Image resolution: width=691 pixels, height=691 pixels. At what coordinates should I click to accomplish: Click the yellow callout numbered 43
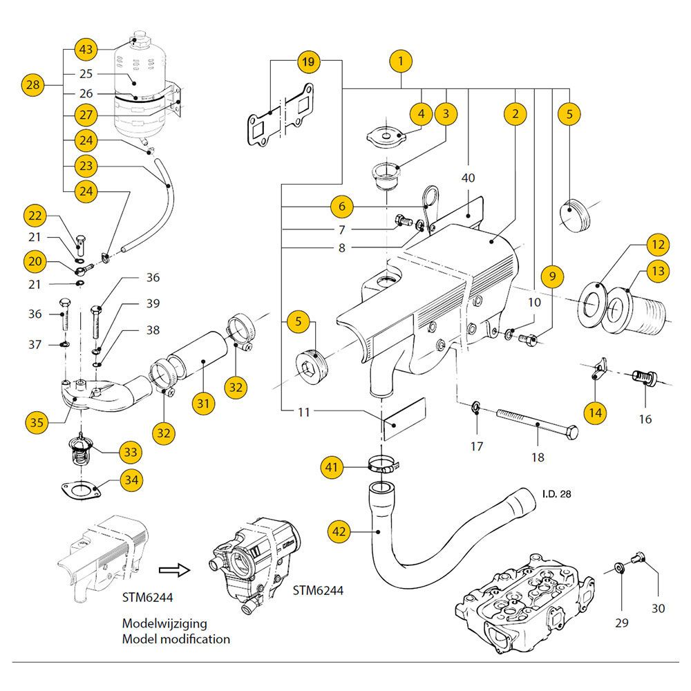tap(86, 50)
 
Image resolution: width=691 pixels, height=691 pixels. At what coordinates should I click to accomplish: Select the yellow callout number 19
tap(309, 61)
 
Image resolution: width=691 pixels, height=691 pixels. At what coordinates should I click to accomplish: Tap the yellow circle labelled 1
tap(401, 61)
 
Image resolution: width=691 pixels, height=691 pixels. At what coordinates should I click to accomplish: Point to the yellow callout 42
tap(339, 531)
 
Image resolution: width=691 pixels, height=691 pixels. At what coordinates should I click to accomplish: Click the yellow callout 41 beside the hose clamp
tap(332, 468)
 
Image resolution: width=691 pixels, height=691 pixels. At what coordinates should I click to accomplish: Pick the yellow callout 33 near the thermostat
tap(129, 452)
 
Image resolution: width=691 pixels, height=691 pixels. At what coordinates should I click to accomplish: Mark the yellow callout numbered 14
tap(596, 413)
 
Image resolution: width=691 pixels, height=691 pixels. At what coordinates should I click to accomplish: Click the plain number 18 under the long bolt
tap(538, 457)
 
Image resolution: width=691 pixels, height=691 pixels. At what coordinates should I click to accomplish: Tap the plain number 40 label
tap(468, 178)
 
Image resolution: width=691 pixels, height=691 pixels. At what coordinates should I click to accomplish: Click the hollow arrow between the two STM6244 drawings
tap(174, 570)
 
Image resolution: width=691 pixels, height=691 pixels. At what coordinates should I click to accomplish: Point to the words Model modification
tap(176, 639)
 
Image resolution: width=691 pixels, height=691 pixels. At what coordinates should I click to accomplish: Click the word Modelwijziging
tap(164, 622)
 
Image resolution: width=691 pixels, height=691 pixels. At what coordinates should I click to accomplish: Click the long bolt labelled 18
tap(532, 421)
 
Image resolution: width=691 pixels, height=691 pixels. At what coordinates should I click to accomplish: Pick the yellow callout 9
tap(551, 276)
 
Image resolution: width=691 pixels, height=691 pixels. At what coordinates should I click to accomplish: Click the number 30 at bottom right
tap(658, 609)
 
